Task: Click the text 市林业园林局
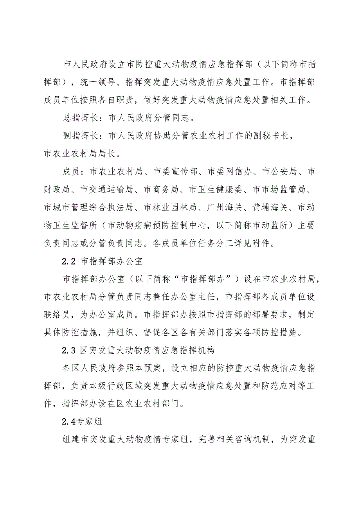[170, 208]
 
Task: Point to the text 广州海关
[225, 208]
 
